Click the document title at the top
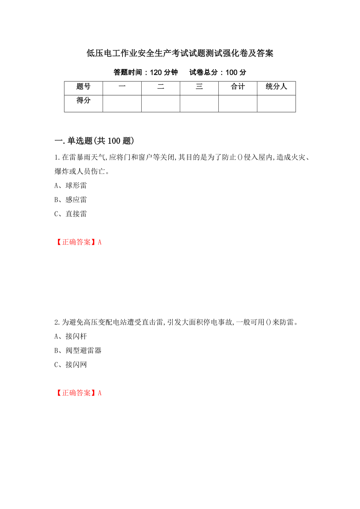coord(180,54)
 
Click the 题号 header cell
coord(83,87)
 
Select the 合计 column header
coord(238,87)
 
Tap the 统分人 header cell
coord(276,87)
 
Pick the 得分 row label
coord(83,101)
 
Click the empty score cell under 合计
coord(238,104)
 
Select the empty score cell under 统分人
coord(276,104)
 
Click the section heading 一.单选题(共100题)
coord(94,141)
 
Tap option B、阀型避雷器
coord(78,350)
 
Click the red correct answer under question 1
coord(78,242)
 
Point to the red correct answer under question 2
coord(78,393)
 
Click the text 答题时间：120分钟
coord(146,72)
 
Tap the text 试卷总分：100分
coord(218,72)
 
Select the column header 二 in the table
coord(160,87)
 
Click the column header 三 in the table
coord(199,87)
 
